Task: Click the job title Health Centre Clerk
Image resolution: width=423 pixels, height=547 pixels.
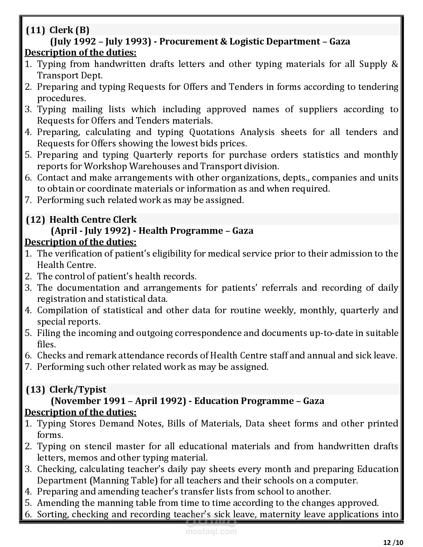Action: tap(93, 220)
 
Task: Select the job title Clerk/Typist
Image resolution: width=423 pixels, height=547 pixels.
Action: tap(78, 390)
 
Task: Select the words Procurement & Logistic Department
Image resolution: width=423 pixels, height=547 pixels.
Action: tap(240, 41)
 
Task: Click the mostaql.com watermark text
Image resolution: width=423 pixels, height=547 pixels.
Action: tap(211, 532)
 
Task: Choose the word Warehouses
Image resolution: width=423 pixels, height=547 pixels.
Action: tap(154, 166)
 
